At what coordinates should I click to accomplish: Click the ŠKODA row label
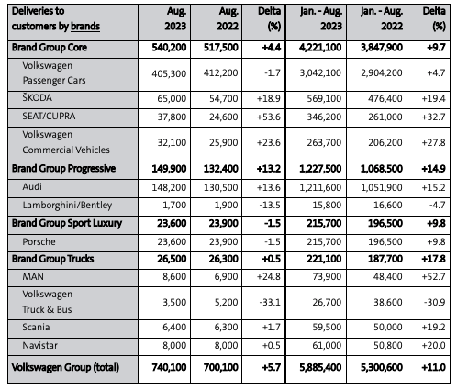pos(37,98)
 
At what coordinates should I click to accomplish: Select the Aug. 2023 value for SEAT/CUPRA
pos(172,117)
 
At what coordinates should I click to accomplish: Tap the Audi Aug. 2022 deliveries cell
pos(221,187)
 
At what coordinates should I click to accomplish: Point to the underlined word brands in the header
pos(85,27)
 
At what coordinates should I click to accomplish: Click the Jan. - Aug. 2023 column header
pos(320,18)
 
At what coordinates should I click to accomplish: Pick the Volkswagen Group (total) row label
pos(65,367)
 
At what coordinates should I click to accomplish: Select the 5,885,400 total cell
pos(320,367)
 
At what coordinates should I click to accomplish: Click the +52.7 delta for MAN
pos(433,276)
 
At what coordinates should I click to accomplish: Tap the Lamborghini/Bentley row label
pos(67,205)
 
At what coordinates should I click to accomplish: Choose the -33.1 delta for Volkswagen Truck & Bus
pos(270,302)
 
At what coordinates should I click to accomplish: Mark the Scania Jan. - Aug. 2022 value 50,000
pos(388,327)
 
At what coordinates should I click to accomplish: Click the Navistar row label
pos(39,345)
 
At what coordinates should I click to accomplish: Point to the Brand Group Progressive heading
pos(63,169)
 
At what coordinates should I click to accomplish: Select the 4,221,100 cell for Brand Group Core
pos(320,48)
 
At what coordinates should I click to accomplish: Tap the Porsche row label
pos(39,241)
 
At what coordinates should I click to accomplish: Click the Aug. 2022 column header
pos(228,18)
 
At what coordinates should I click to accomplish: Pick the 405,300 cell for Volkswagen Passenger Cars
pos(169,73)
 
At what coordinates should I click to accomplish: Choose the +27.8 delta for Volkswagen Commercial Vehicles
pos(433,143)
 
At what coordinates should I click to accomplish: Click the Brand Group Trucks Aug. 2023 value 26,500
pos(172,259)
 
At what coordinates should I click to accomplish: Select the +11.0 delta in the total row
pos(433,367)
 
